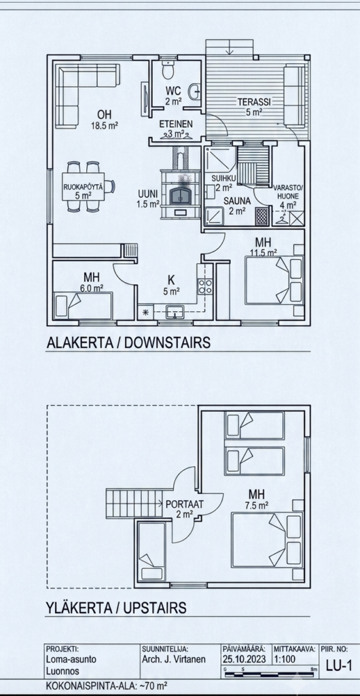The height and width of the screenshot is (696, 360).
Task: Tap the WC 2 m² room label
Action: pyautogui.click(x=175, y=96)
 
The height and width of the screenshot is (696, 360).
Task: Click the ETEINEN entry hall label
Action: pyautogui.click(x=176, y=124)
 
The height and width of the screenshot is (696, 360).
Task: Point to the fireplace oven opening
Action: pyautogui.click(x=179, y=194)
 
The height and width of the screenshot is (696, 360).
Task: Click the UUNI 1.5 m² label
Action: pyautogui.click(x=148, y=199)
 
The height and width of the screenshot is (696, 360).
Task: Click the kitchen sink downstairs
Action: pyautogui.click(x=175, y=311)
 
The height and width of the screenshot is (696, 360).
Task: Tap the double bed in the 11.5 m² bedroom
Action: pyautogui.click(x=274, y=281)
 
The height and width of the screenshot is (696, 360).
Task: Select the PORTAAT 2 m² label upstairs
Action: pyautogui.click(x=185, y=509)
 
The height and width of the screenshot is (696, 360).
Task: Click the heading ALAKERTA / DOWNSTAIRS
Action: pyautogui.click(x=128, y=343)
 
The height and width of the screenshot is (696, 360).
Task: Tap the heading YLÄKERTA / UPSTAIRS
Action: pyautogui.click(x=116, y=608)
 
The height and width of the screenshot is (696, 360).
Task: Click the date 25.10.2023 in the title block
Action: pyautogui.click(x=244, y=659)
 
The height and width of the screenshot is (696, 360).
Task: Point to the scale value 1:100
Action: pyautogui.click(x=285, y=659)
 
